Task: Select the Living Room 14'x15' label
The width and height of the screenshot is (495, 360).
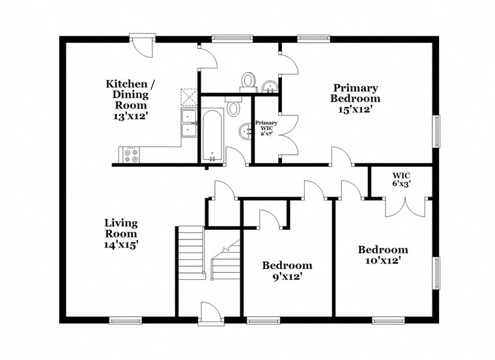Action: pyautogui.click(x=121, y=234)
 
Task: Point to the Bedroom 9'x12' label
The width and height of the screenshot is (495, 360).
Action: pyautogui.click(x=287, y=271)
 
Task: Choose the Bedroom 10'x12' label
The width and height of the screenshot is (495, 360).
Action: pyautogui.click(x=383, y=255)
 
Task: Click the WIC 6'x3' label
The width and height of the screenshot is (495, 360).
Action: pyautogui.click(x=401, y=180)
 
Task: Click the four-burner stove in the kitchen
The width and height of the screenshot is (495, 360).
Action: pyautogui.click(x=129, y=155)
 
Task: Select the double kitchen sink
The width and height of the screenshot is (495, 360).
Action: pyautogui.click(x=190, y=123)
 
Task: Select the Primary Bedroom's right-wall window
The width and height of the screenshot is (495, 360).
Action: pyautogui.click(x=436, y=132)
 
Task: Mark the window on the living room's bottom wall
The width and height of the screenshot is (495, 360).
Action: pyautogui.click(x=125, y=320)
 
